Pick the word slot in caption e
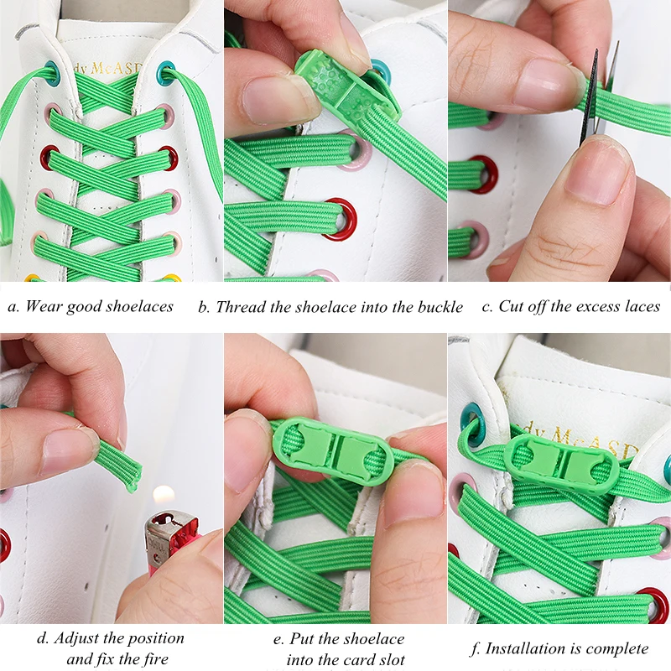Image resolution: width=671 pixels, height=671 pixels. (x=388, y=659)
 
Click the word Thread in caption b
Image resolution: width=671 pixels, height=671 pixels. (x=239, y=307)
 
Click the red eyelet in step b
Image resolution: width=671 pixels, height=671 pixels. (x=341, y=220)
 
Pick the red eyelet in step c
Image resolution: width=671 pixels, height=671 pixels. (x=484, y=173)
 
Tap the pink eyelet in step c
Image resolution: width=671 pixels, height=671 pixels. (x=476, y=239)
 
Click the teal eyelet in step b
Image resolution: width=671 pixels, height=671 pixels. (x=382, y=72)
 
